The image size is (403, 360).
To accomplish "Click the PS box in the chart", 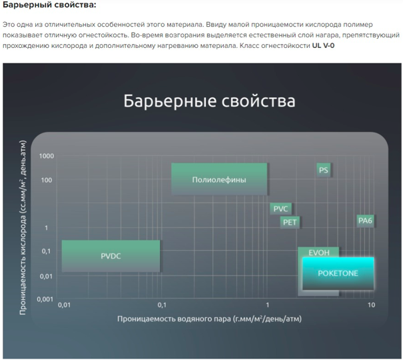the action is click(323, 170).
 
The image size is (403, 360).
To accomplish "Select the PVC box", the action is click(280, 209).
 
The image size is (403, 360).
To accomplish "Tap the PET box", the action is click(290, 222).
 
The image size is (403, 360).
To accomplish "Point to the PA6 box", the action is click(365, 221).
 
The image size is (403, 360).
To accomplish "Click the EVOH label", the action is click(319, 253).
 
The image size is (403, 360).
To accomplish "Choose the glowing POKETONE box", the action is click(338, 273).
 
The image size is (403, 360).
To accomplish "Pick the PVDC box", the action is click(111, 256).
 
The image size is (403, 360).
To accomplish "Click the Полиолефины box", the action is click(219, 179).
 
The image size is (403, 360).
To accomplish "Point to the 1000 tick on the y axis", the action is click(47, 156).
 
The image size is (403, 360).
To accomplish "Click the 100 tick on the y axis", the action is click(47, 180).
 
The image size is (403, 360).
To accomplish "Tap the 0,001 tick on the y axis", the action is click(45, 299).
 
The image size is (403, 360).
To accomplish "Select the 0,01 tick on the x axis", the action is click(64, 305).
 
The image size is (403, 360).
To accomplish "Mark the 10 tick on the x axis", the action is click(371, 305).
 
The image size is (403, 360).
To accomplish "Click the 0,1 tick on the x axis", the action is click(162, 305).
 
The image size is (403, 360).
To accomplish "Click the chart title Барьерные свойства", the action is click(209, 101).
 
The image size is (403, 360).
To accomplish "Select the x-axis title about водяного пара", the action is click(209, 319).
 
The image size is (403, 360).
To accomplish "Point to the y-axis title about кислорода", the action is click(23, 227).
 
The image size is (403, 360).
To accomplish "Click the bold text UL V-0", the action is click(323, 46).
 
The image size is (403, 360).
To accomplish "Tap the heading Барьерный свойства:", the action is click(49, 5).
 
